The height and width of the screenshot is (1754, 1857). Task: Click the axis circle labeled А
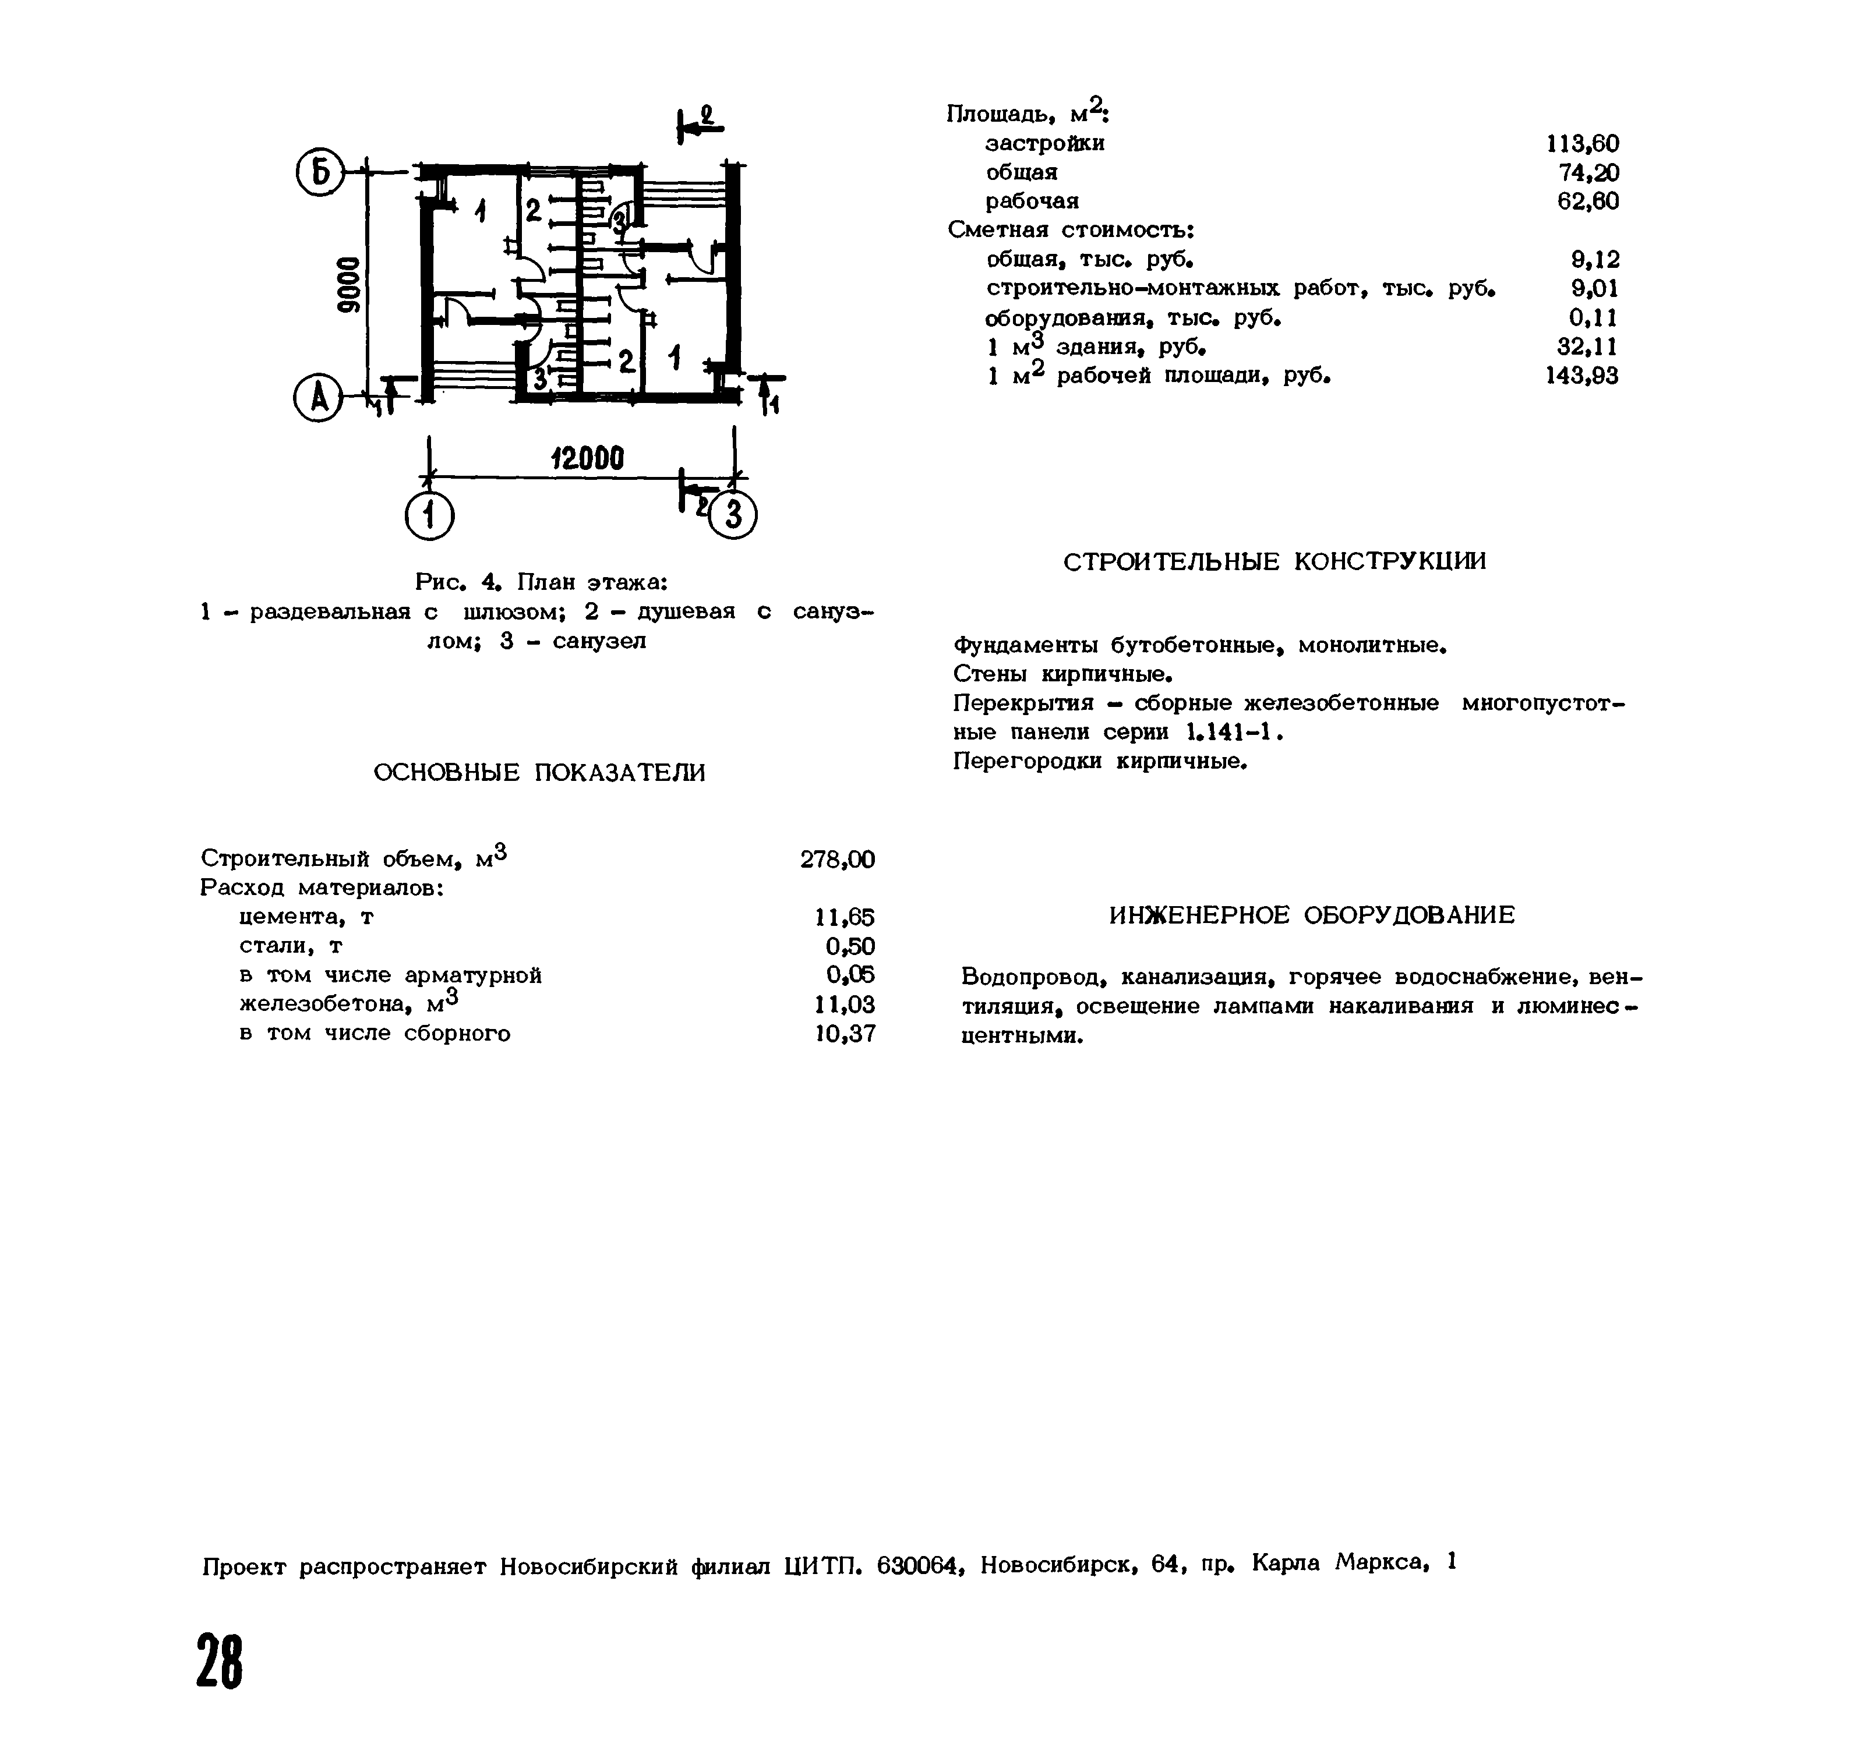[318, 399]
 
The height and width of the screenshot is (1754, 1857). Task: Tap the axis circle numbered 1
[429, 515]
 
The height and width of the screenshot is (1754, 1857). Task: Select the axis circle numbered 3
[733, 515]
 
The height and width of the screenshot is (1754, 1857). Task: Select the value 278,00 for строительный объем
[837, 859]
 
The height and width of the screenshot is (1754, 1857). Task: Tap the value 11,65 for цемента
[845, 917]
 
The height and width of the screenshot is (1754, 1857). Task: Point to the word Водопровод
[1033, 977]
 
